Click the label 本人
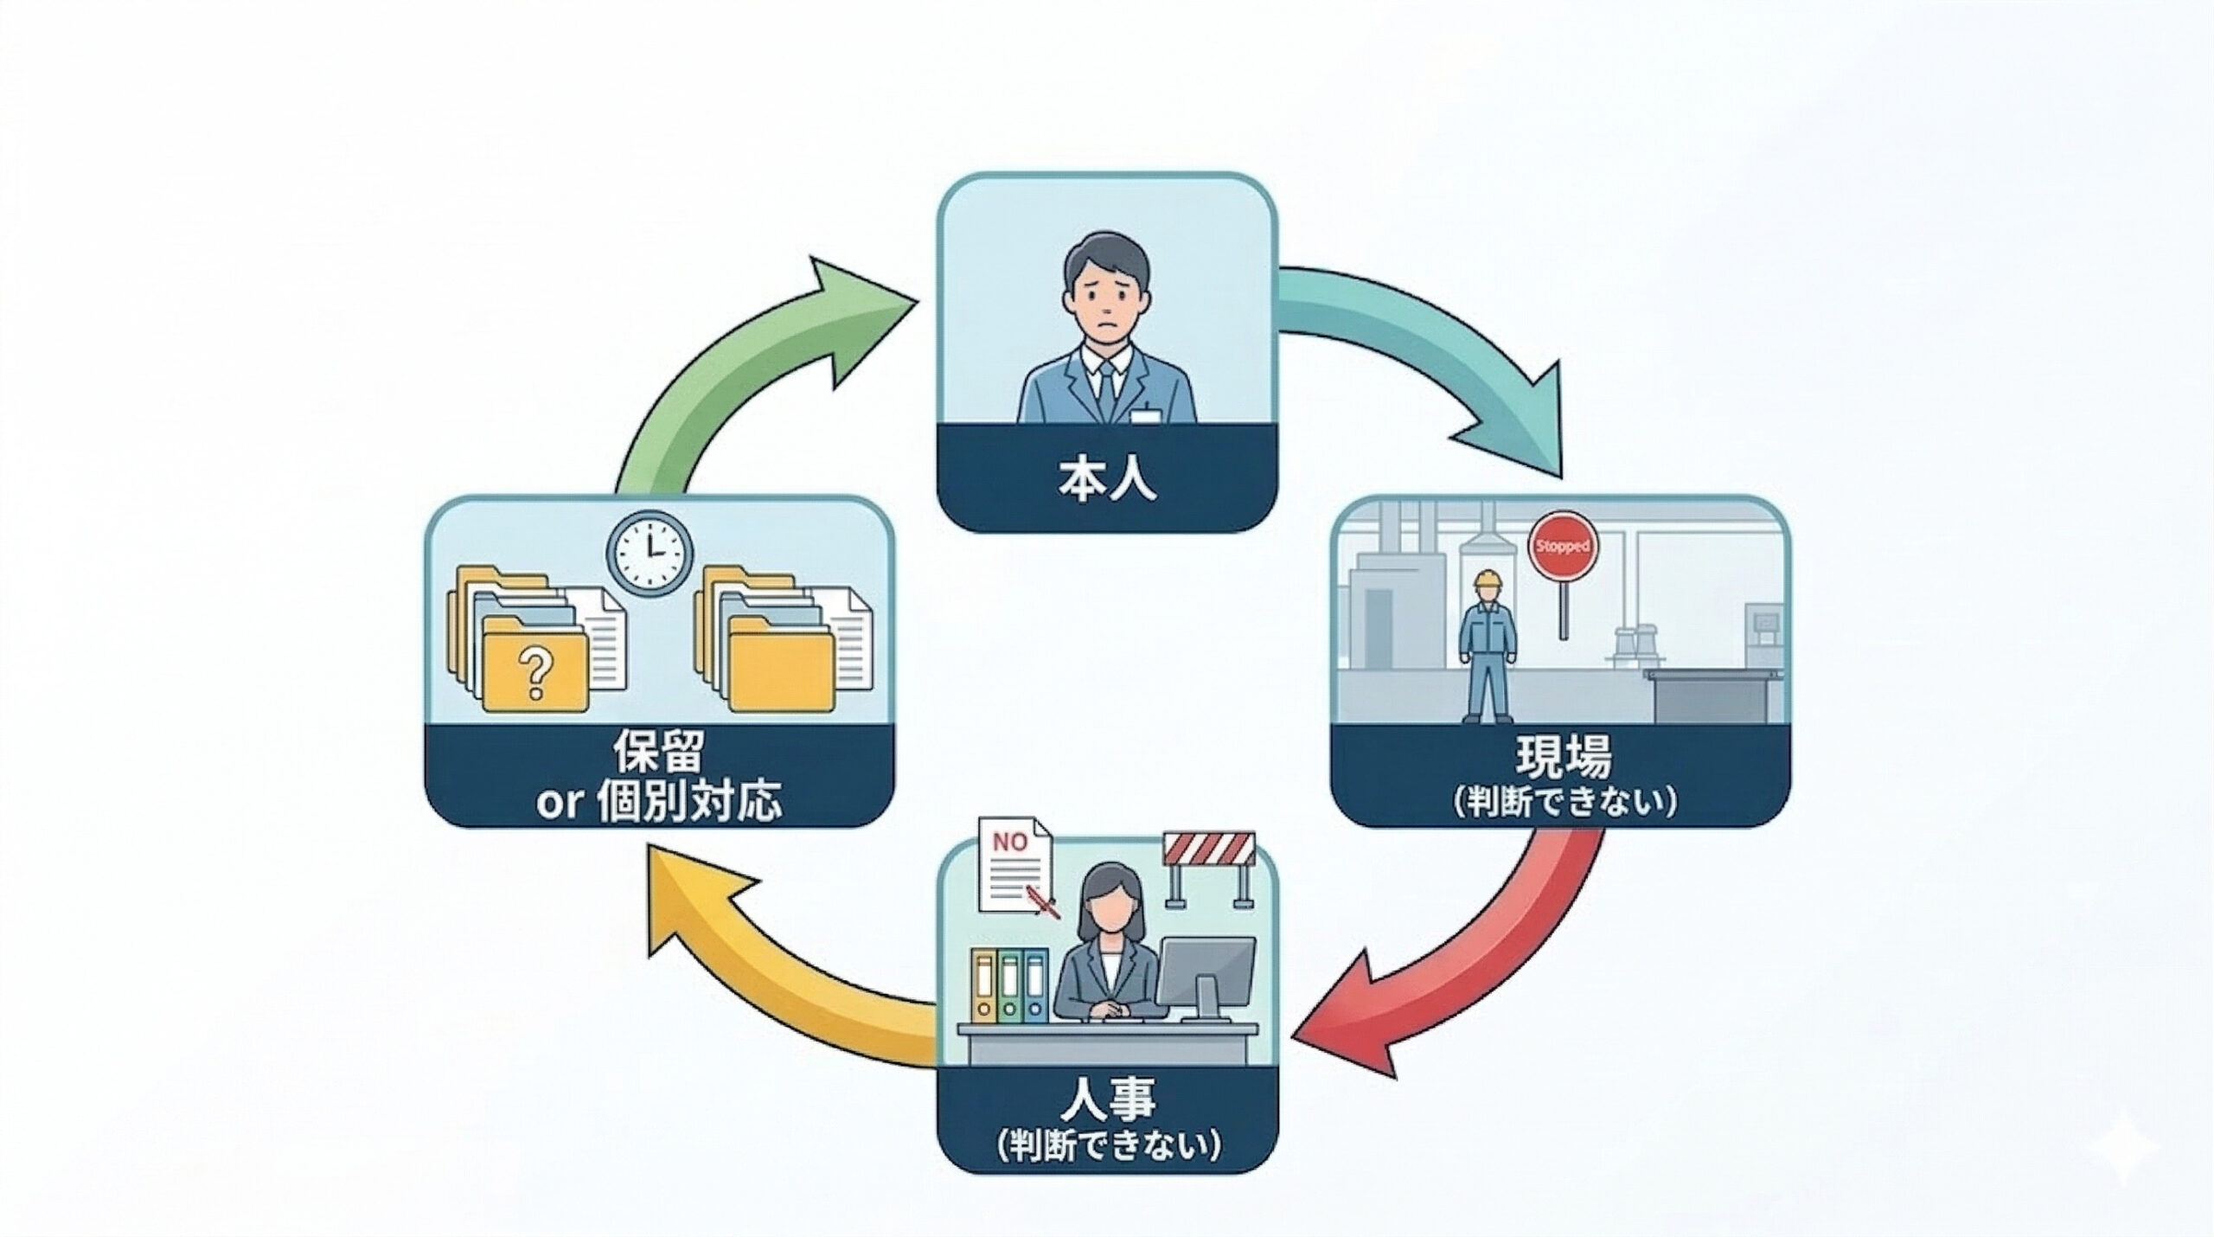tap(1106, 482)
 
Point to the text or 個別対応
tap(659, 802)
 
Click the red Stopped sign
tap(1563, 547)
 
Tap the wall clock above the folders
tap(649, 553)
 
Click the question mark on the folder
tap(534, 675)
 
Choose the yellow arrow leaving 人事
tap(778, 977)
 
